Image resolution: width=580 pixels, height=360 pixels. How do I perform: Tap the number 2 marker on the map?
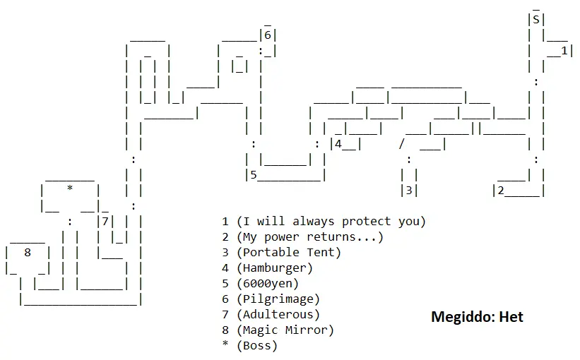point(500,190)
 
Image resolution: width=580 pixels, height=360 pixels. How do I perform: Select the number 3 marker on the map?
point(408,190)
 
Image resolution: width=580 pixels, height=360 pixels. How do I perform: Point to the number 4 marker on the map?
point(338,144)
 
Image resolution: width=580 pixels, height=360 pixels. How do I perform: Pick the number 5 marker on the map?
point(252,175)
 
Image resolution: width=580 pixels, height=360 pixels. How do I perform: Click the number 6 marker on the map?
point(268,35)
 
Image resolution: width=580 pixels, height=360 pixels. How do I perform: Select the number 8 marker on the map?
point(28,251)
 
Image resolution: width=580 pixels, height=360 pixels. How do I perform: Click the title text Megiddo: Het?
point(477,317)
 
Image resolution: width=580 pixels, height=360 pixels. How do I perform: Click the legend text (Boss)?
point(257,345)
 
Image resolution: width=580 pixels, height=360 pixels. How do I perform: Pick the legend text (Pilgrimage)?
point(278,299)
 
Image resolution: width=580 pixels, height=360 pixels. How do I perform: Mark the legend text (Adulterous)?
point(278,314)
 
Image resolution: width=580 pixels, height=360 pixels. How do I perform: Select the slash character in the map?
point(401,144)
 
